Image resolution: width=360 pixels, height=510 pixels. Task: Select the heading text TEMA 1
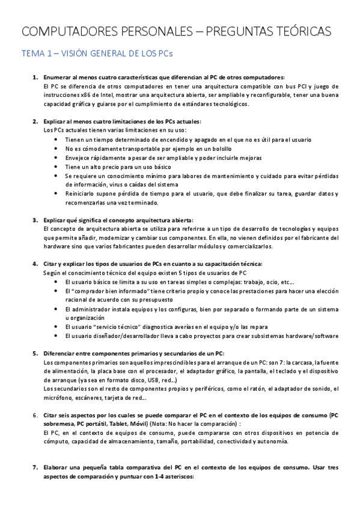[x=37, y=54]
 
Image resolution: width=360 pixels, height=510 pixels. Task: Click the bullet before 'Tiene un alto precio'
[x=56, y=167]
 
